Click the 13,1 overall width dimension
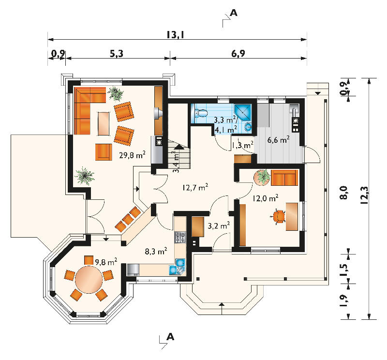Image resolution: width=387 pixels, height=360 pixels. (x=175, y=34)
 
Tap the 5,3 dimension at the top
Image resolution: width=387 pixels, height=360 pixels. (x=117, y=53)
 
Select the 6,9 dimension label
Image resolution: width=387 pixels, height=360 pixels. (x=238, y=53)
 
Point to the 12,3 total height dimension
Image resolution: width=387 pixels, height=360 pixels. (x=364, y=195)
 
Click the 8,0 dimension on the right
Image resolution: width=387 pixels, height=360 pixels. (x=344, y=193)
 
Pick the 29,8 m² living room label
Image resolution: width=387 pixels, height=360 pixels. (x=132, y=155)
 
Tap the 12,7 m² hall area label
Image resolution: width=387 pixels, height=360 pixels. (x=195, y=187)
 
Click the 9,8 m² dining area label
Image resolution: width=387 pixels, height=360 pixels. (x=106, y=262)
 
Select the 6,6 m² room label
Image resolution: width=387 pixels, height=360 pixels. (x=279, y=140)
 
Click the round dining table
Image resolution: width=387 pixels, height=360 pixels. (x=89, y=279)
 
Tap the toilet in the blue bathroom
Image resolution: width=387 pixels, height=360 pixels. (x=201, y=113)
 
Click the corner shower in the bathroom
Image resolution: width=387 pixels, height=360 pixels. (x=243, y=112)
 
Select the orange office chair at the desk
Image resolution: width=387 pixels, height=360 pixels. (x=279, y=217)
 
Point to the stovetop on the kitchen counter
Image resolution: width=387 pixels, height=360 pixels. (x=180, y=237)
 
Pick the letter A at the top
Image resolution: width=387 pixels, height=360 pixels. (x=233, y=13)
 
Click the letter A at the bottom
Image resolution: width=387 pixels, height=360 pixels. (x=170, y=337)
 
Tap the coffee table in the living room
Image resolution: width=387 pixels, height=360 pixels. (x=104, y=123)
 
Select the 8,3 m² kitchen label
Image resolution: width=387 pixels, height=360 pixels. (x=156, y=251)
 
